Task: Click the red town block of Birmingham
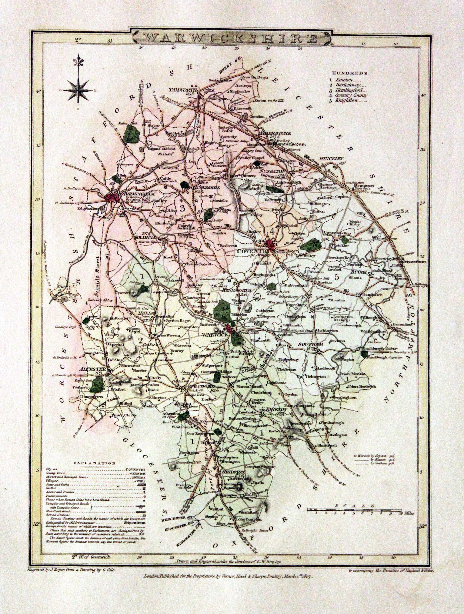click(112, 198)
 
